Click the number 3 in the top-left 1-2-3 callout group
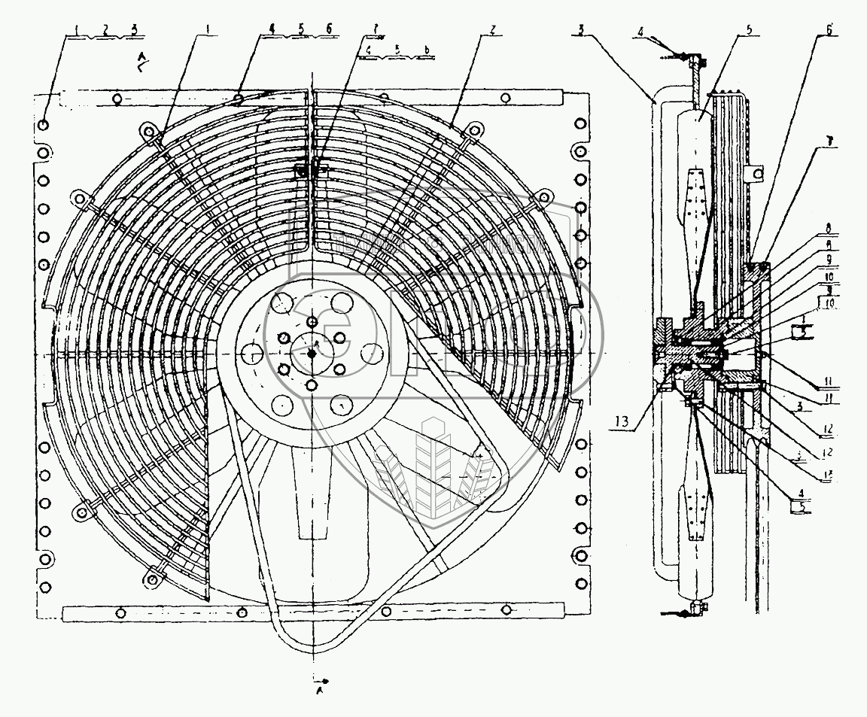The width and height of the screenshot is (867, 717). point(133,30)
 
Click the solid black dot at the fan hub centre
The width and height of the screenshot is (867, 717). point(312,354)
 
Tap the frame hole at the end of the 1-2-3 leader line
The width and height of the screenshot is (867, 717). point(44,124)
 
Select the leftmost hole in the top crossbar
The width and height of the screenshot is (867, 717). point(117,99)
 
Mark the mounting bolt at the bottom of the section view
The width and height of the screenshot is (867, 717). point(695,607)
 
